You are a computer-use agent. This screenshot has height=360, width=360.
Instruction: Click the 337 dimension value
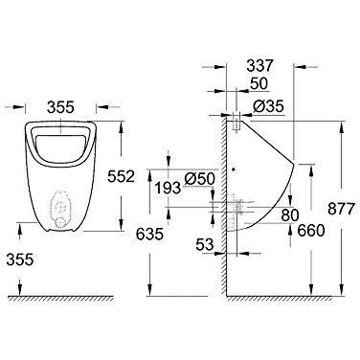(259, 66)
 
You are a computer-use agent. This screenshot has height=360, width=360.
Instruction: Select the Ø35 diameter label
(268, 106)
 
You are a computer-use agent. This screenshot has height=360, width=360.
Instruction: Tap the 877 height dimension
(341, 209)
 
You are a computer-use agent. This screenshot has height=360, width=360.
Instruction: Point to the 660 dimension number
(311, 230)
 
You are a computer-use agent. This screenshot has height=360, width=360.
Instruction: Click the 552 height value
(121, 176)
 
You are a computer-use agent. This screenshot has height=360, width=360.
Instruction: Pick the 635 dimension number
(149, 235)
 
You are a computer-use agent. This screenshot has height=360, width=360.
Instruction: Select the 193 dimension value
(168, 188)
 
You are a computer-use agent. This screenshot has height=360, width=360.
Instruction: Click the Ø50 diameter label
(199, 179)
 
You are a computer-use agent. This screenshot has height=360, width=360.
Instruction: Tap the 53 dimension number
(204, 245)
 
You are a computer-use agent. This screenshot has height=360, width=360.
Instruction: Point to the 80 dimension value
(290, 214)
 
